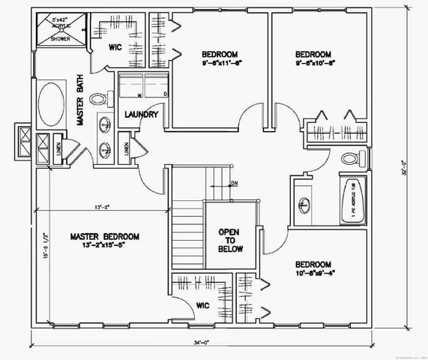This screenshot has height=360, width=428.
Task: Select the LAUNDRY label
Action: tap(140, 115)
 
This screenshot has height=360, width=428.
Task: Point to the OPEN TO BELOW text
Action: tap(228, 241)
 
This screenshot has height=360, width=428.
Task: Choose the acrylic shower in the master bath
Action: tap(58, 28)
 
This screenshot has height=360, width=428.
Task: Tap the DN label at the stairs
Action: tap(234, 183)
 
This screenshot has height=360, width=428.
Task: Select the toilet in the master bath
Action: tap(99, 98)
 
